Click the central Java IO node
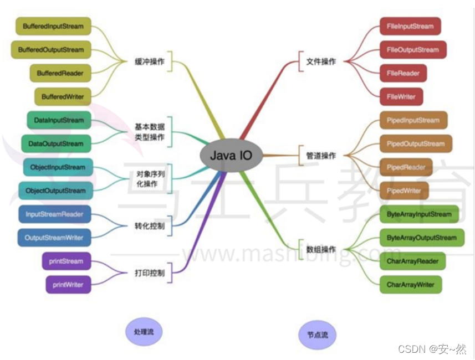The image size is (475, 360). [231, 155]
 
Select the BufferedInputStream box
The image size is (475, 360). [53, 26]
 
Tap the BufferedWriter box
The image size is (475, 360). [63, 96]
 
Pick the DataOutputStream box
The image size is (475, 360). [56, 143]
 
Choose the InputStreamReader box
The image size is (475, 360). [54, 214]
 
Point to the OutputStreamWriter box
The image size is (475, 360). [54, 238]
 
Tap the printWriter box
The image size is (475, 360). [68, 285]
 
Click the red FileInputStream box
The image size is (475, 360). [410, 26]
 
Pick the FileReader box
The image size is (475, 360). [404, 73]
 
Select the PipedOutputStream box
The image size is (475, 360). [416, 143]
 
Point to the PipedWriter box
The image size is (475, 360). [405, 191]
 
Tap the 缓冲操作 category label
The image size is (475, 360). [150, 61]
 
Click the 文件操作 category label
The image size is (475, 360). [321, 61]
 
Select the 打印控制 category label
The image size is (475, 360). [150, 273]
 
